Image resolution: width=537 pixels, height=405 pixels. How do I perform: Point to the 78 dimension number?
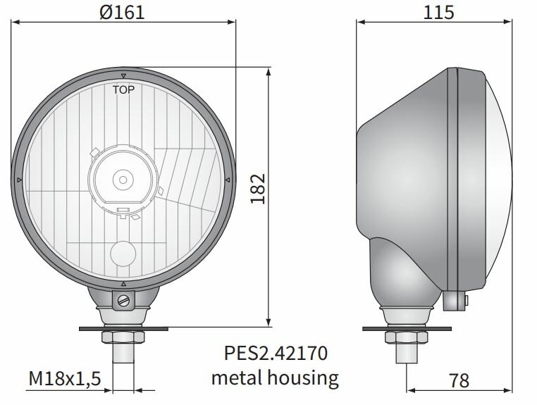click(x=459, y=380)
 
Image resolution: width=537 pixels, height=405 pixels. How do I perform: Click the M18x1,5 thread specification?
click(x=66, y=380)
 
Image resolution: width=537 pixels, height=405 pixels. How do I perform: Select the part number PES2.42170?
click(x=276, y=351)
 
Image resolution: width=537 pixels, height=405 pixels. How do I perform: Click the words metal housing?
click(x=275, y=378)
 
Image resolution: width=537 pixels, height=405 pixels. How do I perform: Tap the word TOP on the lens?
click(x=124, y=89)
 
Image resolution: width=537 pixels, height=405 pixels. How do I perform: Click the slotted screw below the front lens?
click(x=124, y=302)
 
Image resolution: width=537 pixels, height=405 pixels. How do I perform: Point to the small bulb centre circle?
click(x=123, y=179)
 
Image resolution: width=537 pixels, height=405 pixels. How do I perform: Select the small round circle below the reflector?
click(x=124, y=252)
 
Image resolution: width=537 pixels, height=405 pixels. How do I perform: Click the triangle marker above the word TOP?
click(x=124, y=75)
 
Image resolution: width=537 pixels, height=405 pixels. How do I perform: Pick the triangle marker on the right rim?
click(x=228, y=181)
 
